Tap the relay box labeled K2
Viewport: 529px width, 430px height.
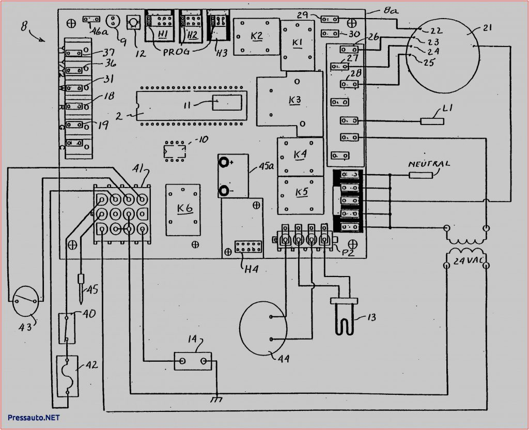pos(256,36)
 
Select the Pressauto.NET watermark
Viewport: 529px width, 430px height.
pos(34,417)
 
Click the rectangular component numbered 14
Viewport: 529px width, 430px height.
pos(193,361)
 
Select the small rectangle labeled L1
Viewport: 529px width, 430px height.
pos(432,121)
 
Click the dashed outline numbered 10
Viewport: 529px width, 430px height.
pos(174,150)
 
